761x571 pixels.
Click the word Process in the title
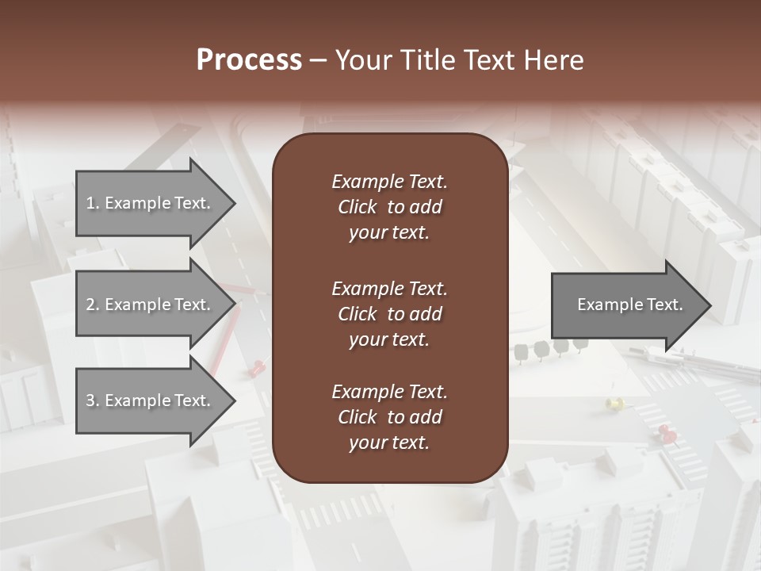249,60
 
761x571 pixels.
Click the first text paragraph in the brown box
389,207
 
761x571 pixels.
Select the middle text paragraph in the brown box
389,314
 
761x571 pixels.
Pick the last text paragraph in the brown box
389,417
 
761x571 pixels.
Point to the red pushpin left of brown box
258,367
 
